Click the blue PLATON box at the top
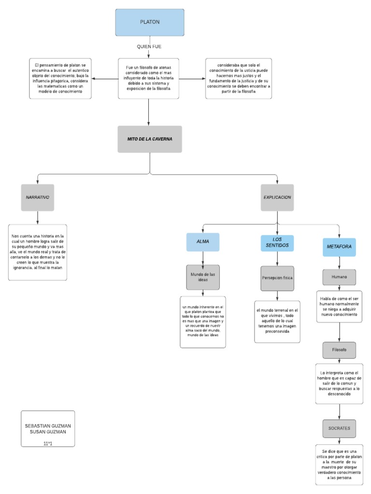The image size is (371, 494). [149, 23]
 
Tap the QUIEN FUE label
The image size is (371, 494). [149, 47]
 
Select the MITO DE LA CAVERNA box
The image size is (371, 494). [150, 139]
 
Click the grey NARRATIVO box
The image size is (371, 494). [38, 197]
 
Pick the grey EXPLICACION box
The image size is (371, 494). [277, 197]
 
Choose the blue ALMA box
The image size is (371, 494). [203, 242]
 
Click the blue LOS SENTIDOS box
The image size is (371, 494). [277, 243]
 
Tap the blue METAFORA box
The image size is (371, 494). [339, 247]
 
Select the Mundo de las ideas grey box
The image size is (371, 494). [203, 277]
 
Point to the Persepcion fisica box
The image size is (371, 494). [277, 278]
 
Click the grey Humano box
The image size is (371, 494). [339, 277]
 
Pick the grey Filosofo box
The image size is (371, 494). [339, 350]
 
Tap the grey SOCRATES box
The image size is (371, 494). [339, 428]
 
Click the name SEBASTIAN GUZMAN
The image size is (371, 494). [48, 426]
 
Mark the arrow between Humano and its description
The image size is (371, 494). [339, 288]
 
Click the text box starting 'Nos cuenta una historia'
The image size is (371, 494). [38, 252]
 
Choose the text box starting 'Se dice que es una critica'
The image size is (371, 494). [339, 464]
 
